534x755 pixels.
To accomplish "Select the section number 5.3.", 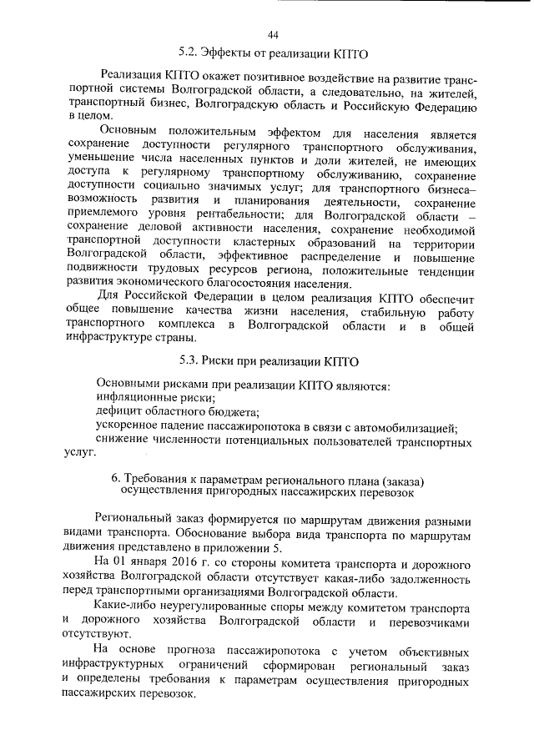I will coord(191,363).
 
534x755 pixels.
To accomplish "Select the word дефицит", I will coord(119,414).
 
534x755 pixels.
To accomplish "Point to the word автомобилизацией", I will coord(403,428).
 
